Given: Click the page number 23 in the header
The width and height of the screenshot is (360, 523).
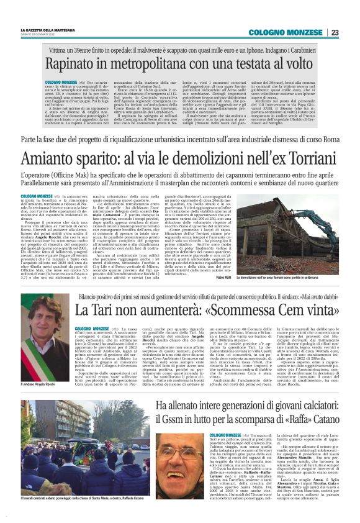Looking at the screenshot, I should [335, 32].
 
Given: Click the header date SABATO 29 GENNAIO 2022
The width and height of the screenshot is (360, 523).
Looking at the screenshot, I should [39, 35].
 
